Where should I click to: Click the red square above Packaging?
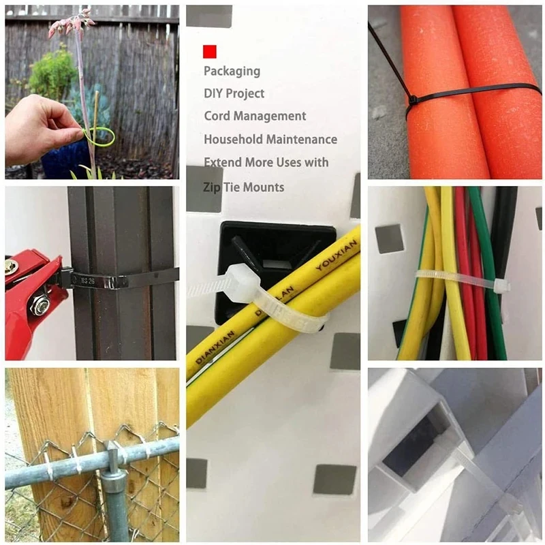(x=210, y=51)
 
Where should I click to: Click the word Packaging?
(x=232, y=71)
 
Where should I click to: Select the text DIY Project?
(x=234, y=93)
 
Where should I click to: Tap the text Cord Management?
(x=255, y=116)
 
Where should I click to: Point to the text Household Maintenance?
(x=270, y=140)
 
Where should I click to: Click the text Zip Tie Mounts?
(x=244, y=187)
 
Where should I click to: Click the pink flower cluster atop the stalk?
(x=71, y=23)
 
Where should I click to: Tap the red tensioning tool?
(x=31, y=300)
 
